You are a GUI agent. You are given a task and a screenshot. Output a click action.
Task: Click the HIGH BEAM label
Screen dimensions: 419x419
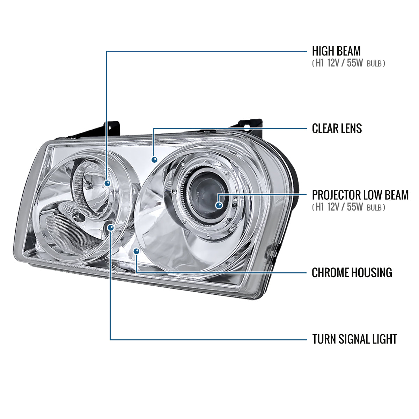point(336,51)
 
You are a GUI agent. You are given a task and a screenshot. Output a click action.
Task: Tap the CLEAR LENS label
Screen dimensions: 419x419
point(337,128)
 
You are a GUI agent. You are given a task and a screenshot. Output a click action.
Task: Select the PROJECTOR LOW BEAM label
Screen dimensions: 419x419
point(360,195)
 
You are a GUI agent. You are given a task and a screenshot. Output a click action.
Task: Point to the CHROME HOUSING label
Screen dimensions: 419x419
point(352,273)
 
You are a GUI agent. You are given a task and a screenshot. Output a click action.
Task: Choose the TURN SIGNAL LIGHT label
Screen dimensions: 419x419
point(354,339)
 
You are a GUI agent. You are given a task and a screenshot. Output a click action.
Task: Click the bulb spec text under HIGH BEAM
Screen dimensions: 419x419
point(348,64)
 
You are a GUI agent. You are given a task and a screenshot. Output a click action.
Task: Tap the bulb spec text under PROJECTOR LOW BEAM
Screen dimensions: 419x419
point(348,207)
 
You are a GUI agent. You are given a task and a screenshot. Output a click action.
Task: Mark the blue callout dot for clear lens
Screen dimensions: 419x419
point(154,160)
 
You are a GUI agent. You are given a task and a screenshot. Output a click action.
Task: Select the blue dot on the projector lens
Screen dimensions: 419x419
point(219,205)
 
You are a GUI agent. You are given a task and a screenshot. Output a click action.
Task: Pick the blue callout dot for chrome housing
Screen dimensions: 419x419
point(136,251)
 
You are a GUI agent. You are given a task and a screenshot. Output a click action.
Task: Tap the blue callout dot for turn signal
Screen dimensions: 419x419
point(111,228)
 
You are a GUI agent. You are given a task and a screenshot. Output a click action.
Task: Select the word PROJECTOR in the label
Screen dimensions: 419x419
point(336,195)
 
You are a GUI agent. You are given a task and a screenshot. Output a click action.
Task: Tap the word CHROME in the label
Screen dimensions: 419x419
point(329,273)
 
